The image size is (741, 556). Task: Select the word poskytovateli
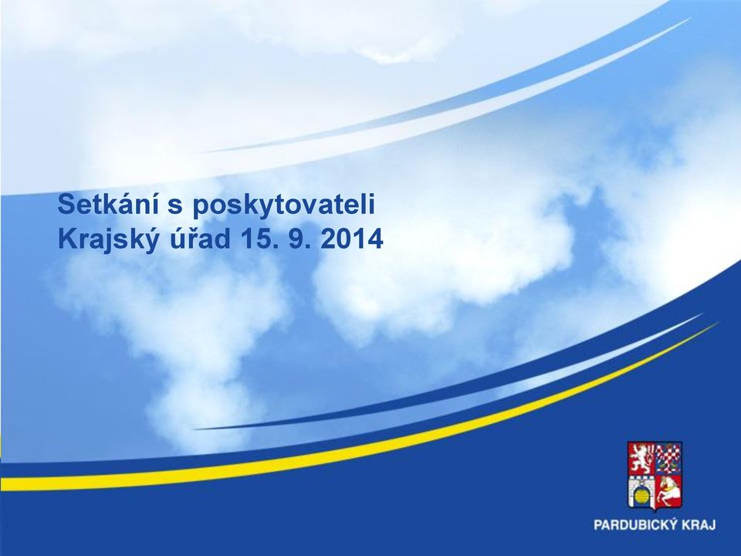(283, 206)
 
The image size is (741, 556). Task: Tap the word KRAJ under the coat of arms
(700, 525)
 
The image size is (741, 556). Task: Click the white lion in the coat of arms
(641, 459)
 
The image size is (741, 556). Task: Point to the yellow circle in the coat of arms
(641, 497)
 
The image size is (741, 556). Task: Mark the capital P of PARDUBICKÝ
(598, 525)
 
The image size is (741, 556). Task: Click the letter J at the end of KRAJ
(711, 525)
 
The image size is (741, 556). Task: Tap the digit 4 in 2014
(375, 239)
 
